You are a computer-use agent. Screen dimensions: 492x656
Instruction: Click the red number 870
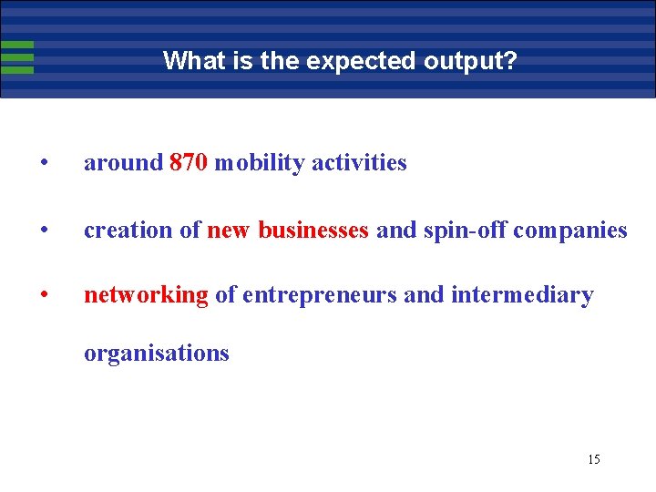pos(189,163)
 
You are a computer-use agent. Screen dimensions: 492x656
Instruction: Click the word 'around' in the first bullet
pos(123,163)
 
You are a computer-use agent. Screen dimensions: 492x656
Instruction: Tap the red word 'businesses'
pos(313,231)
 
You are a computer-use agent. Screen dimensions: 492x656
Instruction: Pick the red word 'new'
pos(229,231)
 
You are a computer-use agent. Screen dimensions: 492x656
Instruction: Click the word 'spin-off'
pos(465,231)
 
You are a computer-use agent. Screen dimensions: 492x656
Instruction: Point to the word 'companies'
pos(571,231)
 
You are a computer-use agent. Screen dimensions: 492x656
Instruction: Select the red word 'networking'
pos(146,295)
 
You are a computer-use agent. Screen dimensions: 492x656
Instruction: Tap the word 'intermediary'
pos(522,295)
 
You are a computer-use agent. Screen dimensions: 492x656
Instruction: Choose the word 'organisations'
pos(156,354)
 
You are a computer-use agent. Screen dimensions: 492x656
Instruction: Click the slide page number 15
pos(593,459)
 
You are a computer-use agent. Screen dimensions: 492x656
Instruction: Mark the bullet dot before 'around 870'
pos(44,164)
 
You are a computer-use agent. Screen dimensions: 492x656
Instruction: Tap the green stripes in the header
pos(17,56)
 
